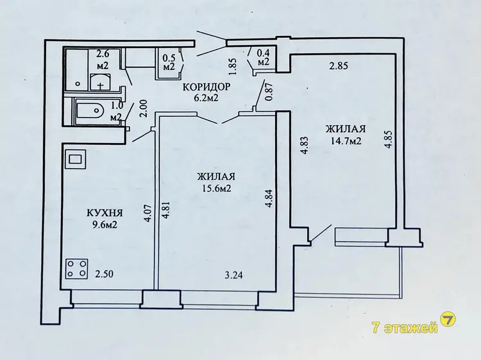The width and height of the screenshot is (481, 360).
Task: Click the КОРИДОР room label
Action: tap(206, 87)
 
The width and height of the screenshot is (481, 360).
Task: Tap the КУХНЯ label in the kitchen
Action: tap(105, 212)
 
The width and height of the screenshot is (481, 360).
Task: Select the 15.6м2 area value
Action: tap(217, 188)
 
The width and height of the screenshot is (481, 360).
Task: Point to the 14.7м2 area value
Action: tap(346, 141)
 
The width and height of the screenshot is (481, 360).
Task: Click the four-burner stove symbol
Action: tap(77, 268)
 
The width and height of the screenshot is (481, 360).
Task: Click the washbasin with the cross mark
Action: tap(100, 82)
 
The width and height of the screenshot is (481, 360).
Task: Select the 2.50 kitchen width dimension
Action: tap(105, 274)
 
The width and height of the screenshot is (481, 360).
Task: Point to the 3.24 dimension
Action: tap(233, 275)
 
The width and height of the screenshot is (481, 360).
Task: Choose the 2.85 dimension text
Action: tap(339, 65)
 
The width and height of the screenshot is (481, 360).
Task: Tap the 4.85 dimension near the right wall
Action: tap(389, 140)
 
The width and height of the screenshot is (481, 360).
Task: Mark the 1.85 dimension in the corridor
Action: tap(233, 67)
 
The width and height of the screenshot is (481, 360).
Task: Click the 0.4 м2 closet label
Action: tap(263, 57)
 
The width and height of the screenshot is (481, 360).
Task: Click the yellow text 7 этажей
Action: tap(404, 328)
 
